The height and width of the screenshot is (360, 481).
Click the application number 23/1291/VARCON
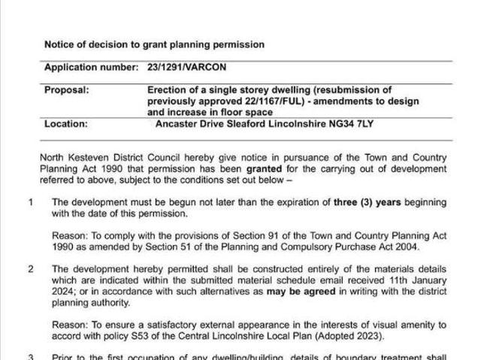point(183,67)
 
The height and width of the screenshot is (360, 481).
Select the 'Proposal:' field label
point(66,89)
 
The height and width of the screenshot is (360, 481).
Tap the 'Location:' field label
point(65,124)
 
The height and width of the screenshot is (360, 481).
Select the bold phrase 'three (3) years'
point(368,202)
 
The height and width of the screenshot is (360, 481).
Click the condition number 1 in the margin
point(32,202)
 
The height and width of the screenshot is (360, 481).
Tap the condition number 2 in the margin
point(32,268)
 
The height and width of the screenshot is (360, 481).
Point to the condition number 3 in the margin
point(32,357)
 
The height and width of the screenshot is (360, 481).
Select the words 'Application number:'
point(91,67)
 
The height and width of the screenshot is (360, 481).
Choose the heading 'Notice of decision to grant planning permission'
point(154,44)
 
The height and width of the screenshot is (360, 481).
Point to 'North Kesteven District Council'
point(113,158)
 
